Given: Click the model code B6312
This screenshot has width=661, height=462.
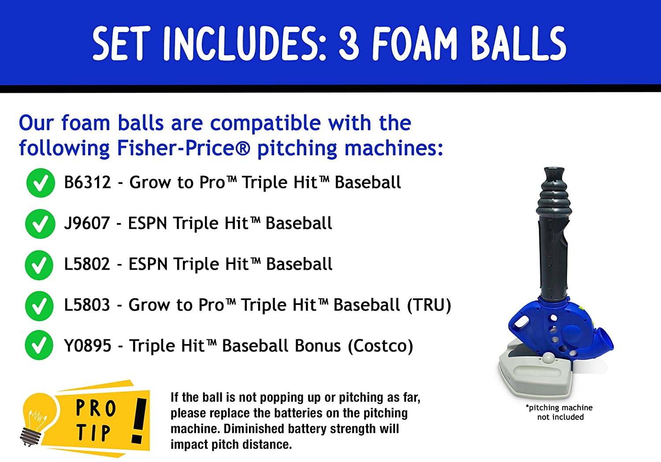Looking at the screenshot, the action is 87,182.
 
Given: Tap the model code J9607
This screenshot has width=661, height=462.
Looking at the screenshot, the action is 87,223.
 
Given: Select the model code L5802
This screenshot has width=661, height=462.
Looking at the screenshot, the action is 87,264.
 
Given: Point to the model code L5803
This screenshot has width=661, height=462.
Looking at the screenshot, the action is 87,304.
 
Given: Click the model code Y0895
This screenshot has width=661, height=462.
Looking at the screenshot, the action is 88,345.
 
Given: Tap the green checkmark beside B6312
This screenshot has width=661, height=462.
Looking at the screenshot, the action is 41,183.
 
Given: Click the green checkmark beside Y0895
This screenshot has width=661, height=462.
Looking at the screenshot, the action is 39,345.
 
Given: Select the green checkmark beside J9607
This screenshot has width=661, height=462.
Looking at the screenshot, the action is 40,224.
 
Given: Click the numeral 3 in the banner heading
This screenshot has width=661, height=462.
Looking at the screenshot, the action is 349,43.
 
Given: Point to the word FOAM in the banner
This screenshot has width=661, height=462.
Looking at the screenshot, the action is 414,43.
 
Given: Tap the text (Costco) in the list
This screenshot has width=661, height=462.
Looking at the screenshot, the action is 381,346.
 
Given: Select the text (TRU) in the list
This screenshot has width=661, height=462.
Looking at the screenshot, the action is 429,305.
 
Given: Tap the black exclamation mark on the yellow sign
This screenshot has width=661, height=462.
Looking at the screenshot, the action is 139,421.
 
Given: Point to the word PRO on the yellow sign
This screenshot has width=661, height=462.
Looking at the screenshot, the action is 96,408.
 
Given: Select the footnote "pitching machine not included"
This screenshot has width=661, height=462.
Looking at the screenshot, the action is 559,412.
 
